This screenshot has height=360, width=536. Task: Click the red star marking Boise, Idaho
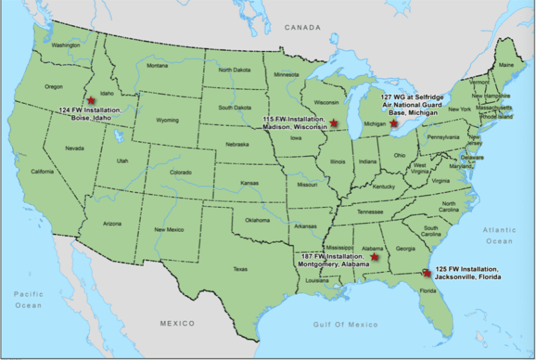(91, 100)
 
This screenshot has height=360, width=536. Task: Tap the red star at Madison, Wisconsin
(334, 122)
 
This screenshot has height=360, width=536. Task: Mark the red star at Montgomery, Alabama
(375, 257)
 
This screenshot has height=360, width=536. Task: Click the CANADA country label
(302, 28)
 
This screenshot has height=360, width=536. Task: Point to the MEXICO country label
(177, 324)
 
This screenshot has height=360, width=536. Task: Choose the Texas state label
(240, 269)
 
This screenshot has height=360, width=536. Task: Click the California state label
(42, 172)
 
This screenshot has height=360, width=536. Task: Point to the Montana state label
(157, 66)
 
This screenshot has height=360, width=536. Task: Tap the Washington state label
(66, 45)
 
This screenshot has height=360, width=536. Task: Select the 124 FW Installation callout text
(90, 114)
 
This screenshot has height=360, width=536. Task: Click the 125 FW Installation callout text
(467, 273)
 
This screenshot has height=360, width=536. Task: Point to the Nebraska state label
(237, 143)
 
